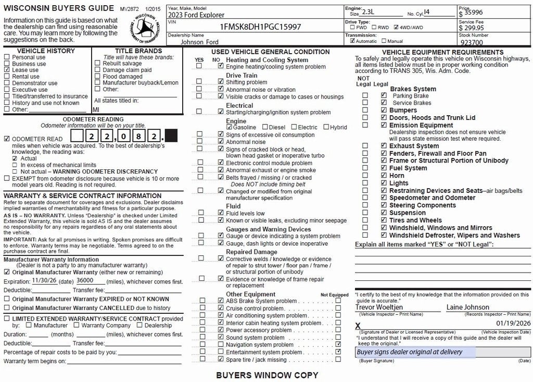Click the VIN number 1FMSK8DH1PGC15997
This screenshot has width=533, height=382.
(260, 27)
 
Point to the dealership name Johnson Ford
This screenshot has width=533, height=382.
(200, 42)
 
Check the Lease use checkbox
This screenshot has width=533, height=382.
(7, 70)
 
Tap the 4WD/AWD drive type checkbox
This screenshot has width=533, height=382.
(397, 27)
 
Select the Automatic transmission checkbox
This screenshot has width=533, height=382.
(352, 41)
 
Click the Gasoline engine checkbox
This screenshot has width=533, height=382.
(229, 127)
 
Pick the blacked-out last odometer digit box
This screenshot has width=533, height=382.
(170, 137)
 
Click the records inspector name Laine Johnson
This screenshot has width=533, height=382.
(467, 307)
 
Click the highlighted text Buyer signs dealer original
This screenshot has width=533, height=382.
(409, 352)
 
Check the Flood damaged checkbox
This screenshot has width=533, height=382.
(98, 77)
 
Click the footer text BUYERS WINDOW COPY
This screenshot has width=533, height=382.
(267, 375)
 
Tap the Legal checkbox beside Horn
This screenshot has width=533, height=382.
(384, 176)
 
